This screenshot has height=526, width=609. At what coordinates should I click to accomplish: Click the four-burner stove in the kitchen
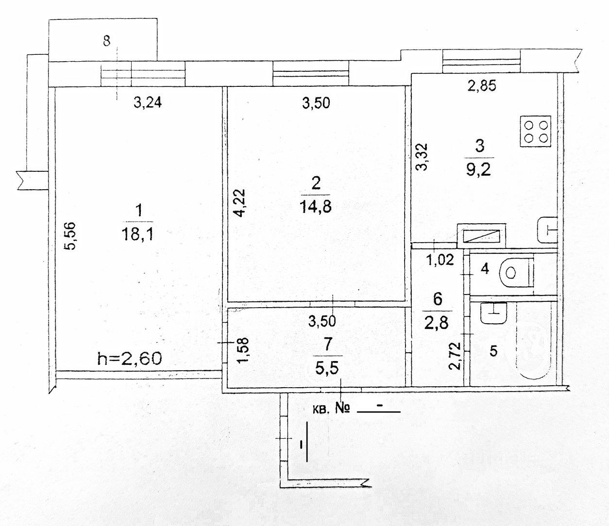pos(535,131)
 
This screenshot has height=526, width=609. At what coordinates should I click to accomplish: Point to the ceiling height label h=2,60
pos(130,359)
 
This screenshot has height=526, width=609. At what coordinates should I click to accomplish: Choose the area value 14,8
pos(316,206)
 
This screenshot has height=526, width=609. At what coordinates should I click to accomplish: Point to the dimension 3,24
pos(147,103)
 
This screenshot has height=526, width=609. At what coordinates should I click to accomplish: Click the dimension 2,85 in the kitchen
pos(482,86)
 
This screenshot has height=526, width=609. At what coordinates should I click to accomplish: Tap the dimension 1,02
pos(440,260)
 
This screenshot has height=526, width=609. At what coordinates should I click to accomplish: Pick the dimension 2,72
pos(455,356)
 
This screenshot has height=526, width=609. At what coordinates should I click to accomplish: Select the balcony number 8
pos(107,41)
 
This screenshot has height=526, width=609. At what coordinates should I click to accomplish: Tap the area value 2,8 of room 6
pos(436,323)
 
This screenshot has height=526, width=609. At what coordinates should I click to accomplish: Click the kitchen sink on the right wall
pos(547,230)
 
